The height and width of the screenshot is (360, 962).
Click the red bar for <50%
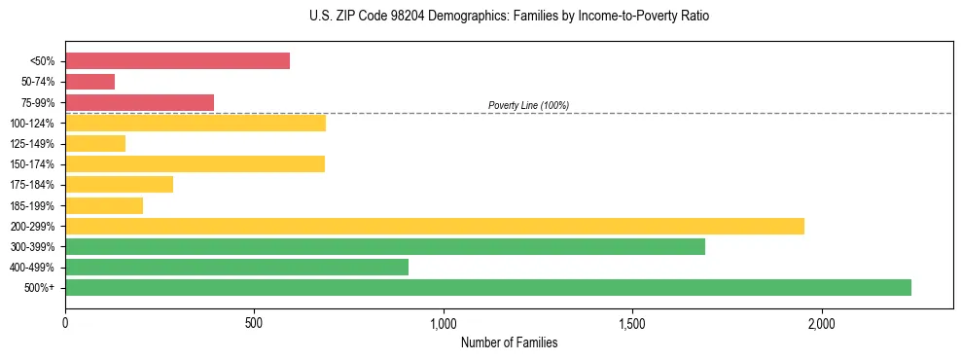177,61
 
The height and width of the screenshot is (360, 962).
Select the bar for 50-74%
89,82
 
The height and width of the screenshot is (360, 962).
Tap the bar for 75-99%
139,102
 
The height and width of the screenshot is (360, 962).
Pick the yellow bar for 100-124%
196,123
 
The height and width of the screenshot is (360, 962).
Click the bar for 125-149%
95,143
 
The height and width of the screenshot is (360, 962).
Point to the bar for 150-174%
195,163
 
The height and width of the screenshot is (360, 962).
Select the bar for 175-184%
119,184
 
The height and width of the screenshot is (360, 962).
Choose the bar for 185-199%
104,205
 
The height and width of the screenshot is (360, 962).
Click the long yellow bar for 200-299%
435,226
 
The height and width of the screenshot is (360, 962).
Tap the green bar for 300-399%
385,246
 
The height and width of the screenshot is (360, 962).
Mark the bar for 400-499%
236,267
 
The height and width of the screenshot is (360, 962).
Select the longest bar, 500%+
488,287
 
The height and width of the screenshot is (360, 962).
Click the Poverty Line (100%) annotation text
528,105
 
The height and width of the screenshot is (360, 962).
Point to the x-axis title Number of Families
509,343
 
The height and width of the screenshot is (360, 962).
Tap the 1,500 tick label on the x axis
632,322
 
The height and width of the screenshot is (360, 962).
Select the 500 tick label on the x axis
254,322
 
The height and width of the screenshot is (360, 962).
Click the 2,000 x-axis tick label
821,322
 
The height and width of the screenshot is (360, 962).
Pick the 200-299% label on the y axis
32,226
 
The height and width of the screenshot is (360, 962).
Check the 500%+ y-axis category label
40,287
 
